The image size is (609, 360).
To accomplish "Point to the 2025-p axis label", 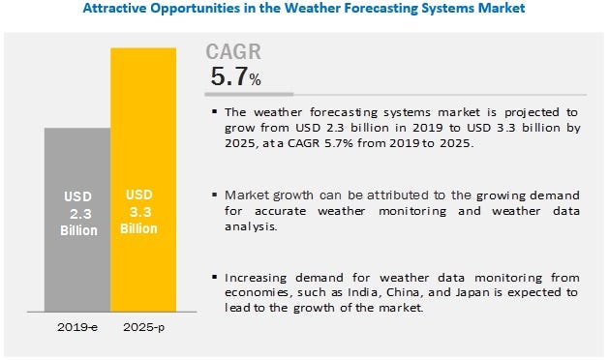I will [x=143, y=330].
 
